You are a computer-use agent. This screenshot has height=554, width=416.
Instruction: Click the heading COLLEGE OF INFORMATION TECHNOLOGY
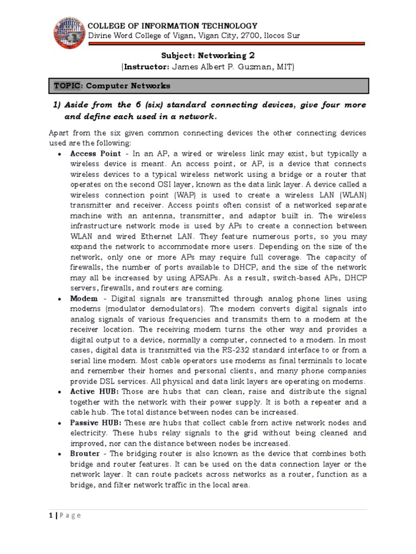(173, 25)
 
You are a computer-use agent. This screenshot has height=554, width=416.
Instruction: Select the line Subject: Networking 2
(209, 55)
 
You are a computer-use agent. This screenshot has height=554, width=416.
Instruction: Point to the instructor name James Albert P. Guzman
(223, 67)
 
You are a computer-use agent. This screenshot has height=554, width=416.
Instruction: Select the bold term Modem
(84, 299)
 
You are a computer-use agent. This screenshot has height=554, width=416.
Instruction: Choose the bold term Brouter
(85, 454)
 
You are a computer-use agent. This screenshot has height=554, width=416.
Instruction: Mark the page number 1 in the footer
(51, 516)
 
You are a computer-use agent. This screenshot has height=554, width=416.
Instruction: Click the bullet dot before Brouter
(59, 454)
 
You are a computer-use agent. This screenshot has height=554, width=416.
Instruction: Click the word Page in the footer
(70, 516)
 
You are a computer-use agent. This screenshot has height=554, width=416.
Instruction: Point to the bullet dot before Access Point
(59, 154)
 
